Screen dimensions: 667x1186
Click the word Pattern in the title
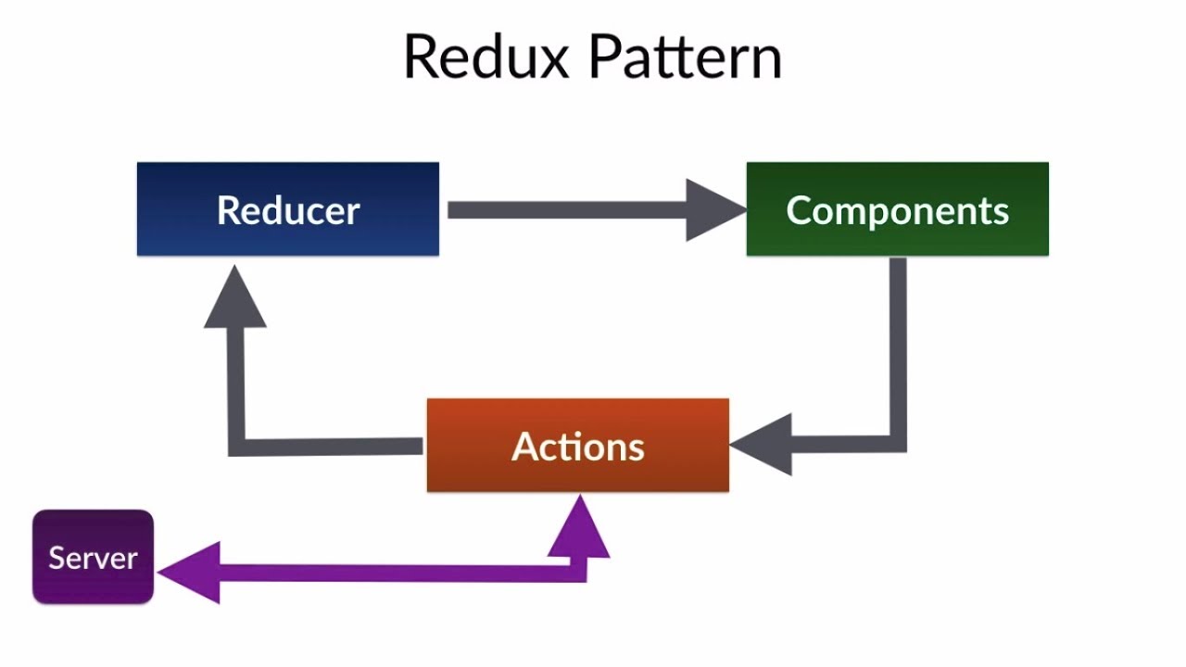click(x=686, y=57)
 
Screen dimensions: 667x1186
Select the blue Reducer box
click(x=287, y=209)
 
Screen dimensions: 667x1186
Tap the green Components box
click(x=897, y=209)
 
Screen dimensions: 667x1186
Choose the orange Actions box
click(x=577, y=446)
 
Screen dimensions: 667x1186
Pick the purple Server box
click(x=93, y=557)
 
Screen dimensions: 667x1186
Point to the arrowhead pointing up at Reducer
click(x=235, y=298)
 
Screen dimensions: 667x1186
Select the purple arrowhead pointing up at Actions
click(x=580, y=528)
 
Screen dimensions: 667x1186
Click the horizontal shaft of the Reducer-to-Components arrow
click(x=565, y=210)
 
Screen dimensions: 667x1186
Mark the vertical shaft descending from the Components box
click(x=898, y=343)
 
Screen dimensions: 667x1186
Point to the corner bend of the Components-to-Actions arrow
click(x=898, y=444)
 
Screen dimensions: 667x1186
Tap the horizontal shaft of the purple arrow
click(x=389, y=573)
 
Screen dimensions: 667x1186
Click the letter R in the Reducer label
click(x=227, y=210)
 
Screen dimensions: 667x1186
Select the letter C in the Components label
click(x=798, y=210)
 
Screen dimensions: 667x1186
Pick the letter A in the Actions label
click(x=524, y=447)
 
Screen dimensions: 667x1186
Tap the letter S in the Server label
click(x=56, y=558)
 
